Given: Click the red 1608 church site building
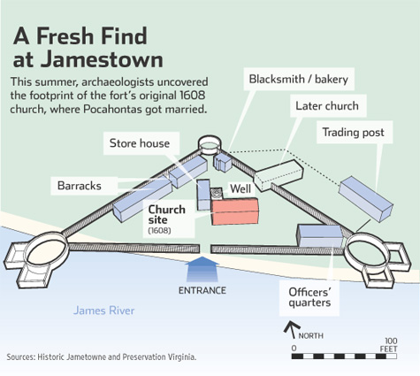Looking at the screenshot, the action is tap(235, 211).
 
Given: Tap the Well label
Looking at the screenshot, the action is tap(241, 188).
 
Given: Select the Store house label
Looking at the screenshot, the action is tap(140, 143).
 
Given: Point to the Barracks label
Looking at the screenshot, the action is tap(80, 186).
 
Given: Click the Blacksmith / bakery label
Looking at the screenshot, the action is tap(299, 79).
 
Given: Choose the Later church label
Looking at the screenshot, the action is tap(327, 106).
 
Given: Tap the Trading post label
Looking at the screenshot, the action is tap(353, 133).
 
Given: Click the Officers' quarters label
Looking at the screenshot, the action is tap(309, 297).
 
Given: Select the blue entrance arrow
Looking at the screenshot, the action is tap(202, 269).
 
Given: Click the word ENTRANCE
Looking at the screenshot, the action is tap(202, 290).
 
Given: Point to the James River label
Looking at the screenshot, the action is tap(103, 311).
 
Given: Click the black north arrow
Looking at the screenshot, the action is tap(292, 329).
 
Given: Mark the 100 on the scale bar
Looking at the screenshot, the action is tap(391, 341).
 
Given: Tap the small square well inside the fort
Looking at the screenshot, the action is tap(217, 194).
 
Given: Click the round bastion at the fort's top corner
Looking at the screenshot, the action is tap(210, 145).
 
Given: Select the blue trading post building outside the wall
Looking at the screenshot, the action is tap(366, 199).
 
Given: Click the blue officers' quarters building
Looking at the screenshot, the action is tap(320, 235).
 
